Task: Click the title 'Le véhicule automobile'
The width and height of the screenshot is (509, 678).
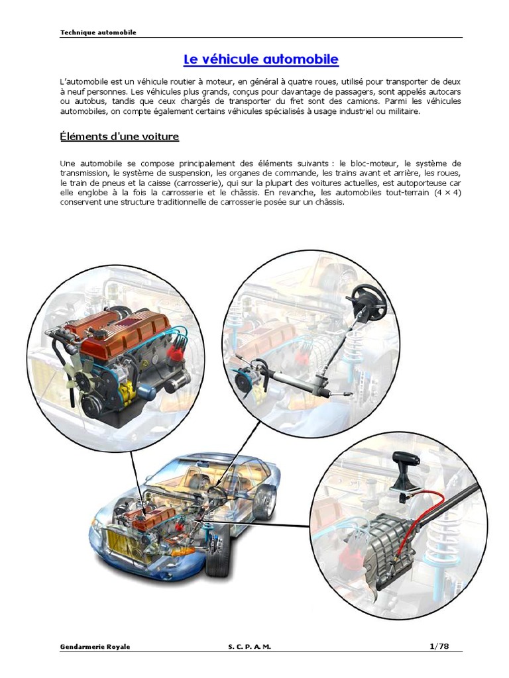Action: click(x=260, y=60)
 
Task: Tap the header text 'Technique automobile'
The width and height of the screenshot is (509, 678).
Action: click(x=98, y=32)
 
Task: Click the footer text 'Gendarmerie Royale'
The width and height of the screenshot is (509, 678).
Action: click(x=95, y=647)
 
